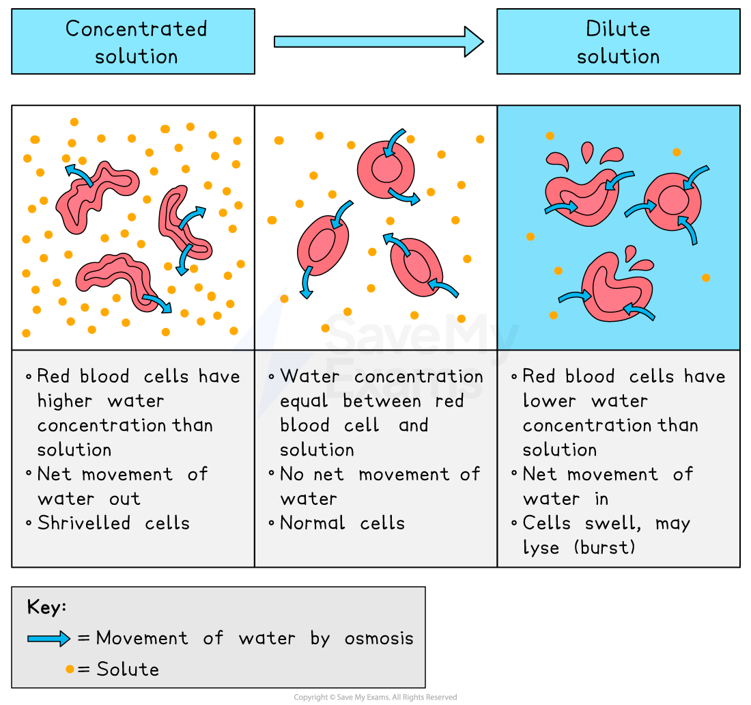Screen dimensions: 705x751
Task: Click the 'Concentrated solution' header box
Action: (133, 42)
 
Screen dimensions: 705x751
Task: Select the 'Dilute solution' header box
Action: (618, 42)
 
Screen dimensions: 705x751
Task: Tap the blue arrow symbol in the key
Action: (49, 639)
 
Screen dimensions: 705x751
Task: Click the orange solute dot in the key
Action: (70, 669)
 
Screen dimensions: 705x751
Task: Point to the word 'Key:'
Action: (46, 607)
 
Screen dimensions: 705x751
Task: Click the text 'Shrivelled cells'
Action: (113, 523)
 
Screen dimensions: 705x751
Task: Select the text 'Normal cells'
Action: (342, 523)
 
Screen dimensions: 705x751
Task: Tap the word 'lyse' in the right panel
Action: (541, 548)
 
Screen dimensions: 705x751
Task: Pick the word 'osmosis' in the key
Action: (379, 638)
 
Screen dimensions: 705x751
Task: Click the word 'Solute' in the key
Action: (128, 669)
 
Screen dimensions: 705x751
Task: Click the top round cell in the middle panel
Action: (386, 169)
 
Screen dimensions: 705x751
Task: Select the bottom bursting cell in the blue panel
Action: (615, 287)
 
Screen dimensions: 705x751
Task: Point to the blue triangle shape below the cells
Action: (263, 324)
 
